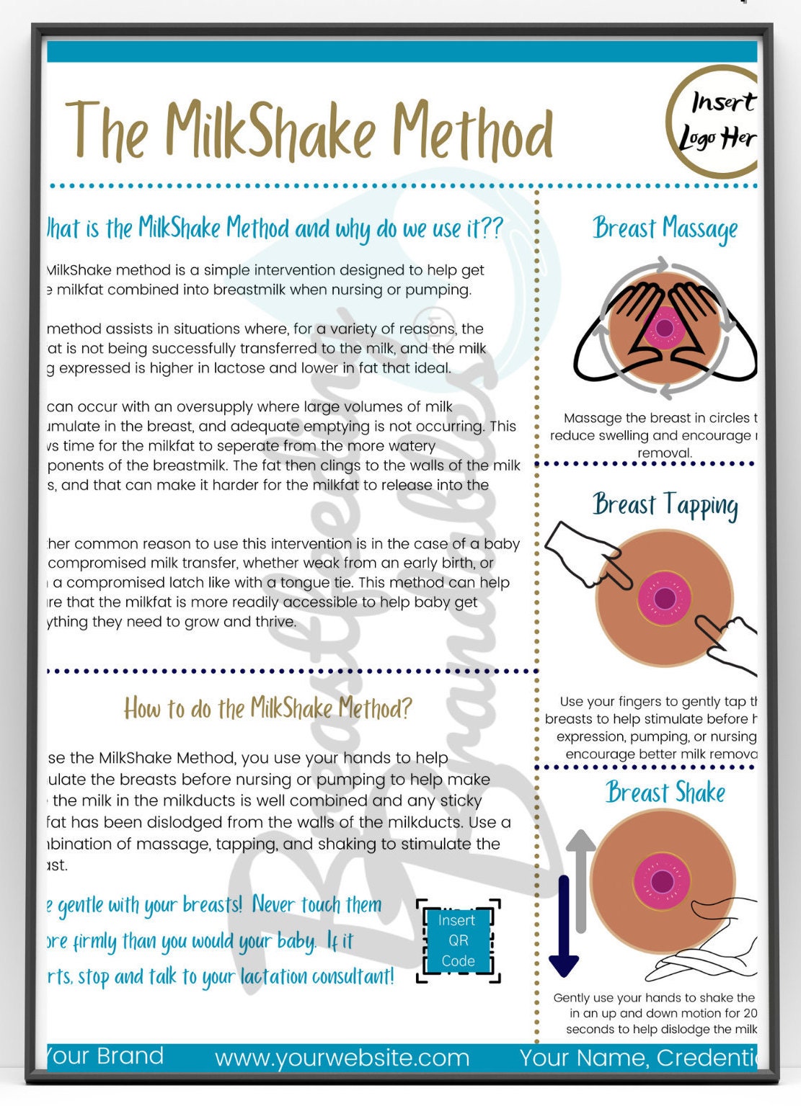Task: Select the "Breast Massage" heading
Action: [x=665, y=228]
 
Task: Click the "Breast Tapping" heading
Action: [x=665, y=505]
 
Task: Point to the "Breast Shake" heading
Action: [x=665, y=793]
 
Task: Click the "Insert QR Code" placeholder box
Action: [x=458, y=940]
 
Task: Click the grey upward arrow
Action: [x=582, y=879]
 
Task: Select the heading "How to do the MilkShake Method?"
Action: [x=267, y=708]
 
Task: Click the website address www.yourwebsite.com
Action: [x=342, y=1058]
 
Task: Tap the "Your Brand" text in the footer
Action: [x=105, y=1056]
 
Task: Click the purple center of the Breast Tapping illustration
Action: [x=665, y=598]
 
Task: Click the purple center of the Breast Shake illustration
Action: [x=662, y=880]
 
